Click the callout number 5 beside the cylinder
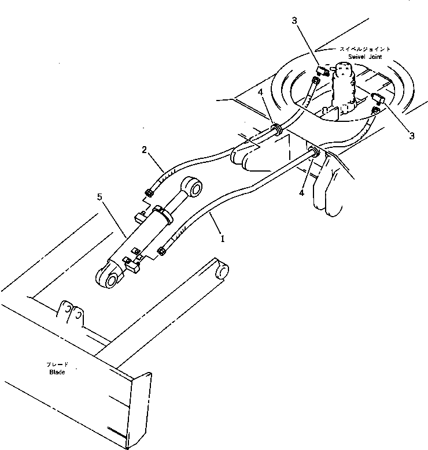100,196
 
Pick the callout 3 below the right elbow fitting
412,136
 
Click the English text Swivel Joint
367,56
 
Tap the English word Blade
57,372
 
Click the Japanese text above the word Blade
57,365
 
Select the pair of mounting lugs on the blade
71,313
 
